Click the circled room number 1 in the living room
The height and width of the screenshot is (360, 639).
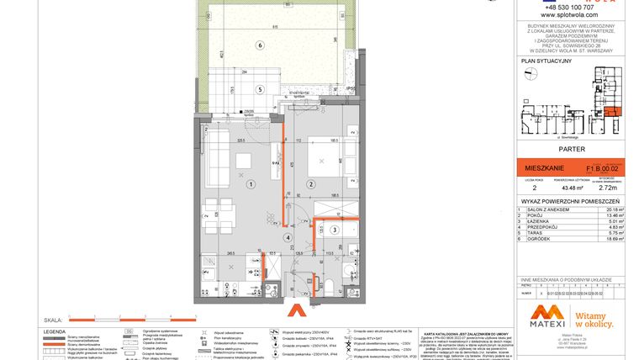coord(251,183)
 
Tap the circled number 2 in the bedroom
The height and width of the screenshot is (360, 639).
coord(310,183)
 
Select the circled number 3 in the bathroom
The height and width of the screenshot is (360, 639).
coord(334,229)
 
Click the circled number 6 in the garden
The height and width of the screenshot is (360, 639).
coord(261,45)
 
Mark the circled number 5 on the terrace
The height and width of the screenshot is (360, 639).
coord(261,88)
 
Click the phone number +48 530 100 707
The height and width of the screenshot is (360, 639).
coord(569,7)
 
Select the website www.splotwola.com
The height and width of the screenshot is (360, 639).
coord(569,15)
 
